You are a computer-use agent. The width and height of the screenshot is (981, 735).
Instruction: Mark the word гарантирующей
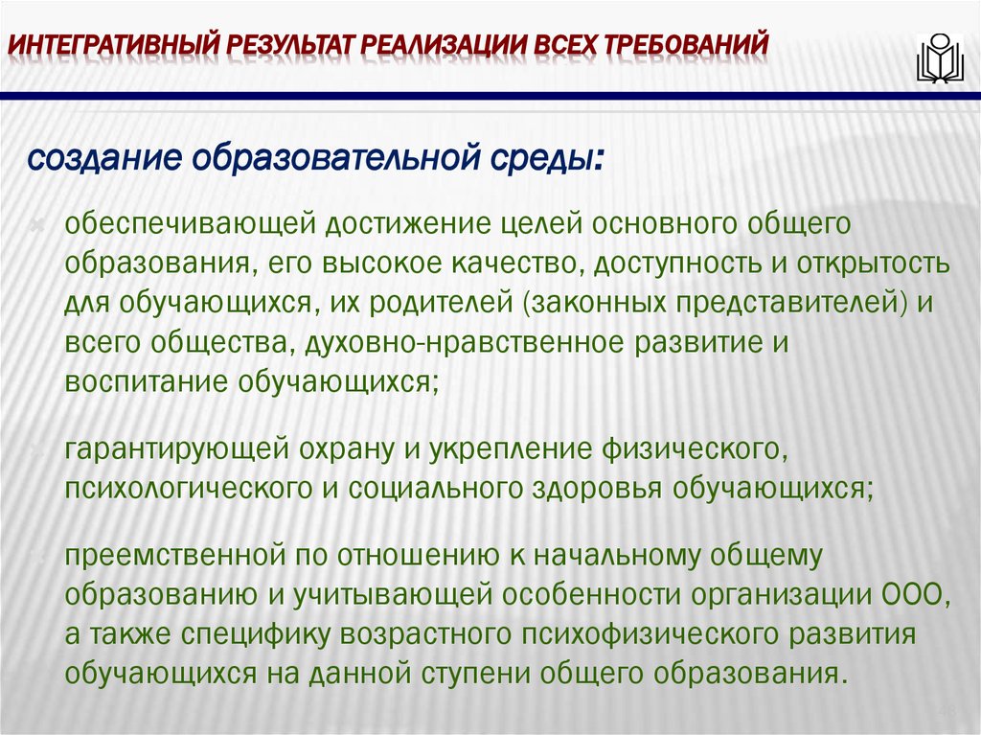click(x=176, y=448)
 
